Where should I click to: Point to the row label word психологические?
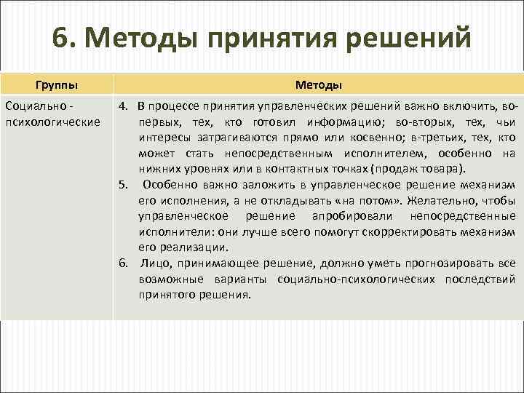click(52, 121)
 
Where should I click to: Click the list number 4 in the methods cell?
click(124, 108)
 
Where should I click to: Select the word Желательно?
click(437, 200)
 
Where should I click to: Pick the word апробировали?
click(352, 217)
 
